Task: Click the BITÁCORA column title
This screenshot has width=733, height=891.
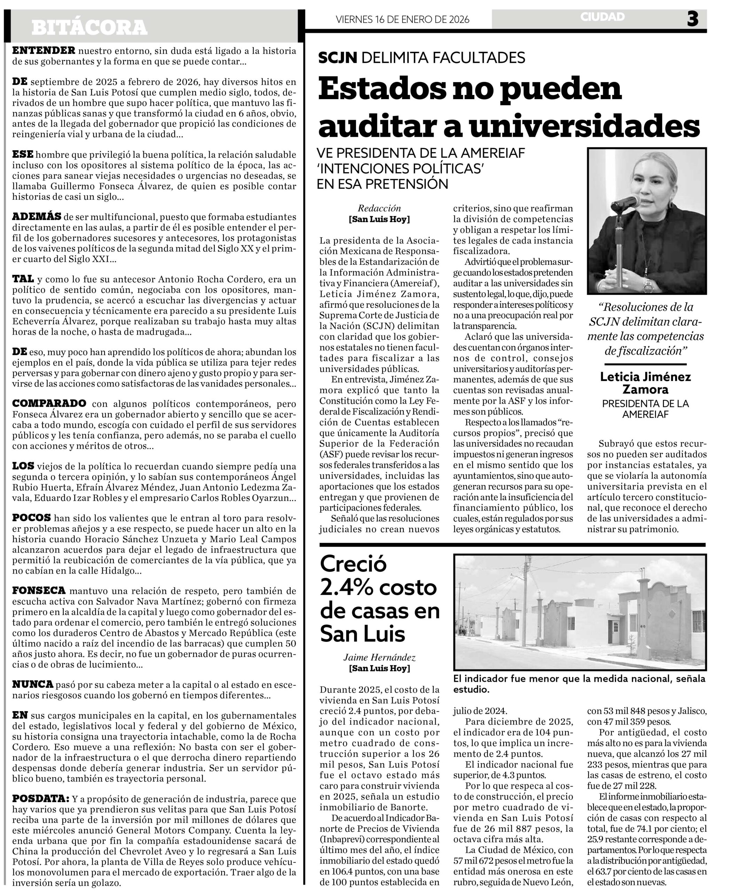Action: click(89, 28)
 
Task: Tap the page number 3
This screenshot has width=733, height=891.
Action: click(693, 19)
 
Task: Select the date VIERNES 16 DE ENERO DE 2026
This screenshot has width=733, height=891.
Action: click(403, 19)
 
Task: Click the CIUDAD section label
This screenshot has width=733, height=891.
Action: click(602, 17)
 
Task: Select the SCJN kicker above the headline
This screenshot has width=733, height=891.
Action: click(337, 57)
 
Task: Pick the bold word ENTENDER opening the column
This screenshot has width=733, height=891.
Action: click(44, 51)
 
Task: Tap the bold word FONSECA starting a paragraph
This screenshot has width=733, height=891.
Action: click(39, 591)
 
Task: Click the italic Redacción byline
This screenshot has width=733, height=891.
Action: click(379, 208)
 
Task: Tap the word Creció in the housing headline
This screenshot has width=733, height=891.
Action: click(353, 564)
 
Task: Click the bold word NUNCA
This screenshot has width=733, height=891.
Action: click(32, 684)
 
